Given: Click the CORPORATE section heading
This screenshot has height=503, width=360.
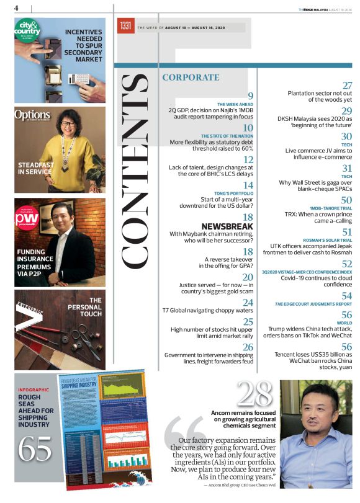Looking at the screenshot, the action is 191,78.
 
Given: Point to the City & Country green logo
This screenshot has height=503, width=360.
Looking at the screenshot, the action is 27,30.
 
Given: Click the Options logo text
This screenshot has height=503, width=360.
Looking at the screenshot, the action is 32,115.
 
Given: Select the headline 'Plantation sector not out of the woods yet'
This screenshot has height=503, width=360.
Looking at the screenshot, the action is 320,96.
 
